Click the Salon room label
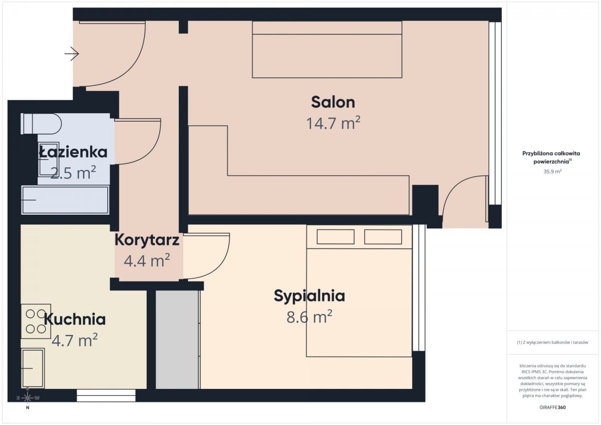[333, 102]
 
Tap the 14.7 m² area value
[333, 123]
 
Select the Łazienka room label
[73, 152]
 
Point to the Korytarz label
[147, 240]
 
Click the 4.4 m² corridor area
[147, 260]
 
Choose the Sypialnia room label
[309, 296]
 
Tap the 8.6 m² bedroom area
[309, 316]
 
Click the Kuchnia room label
[75, 319]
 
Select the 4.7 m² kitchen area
[75, 340]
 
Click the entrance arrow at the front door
[72, 53]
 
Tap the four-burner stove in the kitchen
[36, 321]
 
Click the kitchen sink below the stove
[33, 368]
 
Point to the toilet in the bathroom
[41, 124]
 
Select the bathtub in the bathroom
[65, 200]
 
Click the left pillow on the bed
[336, 237]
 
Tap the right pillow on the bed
[383, 237]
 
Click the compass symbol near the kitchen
[28, 398]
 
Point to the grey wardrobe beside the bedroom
[177, 339]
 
